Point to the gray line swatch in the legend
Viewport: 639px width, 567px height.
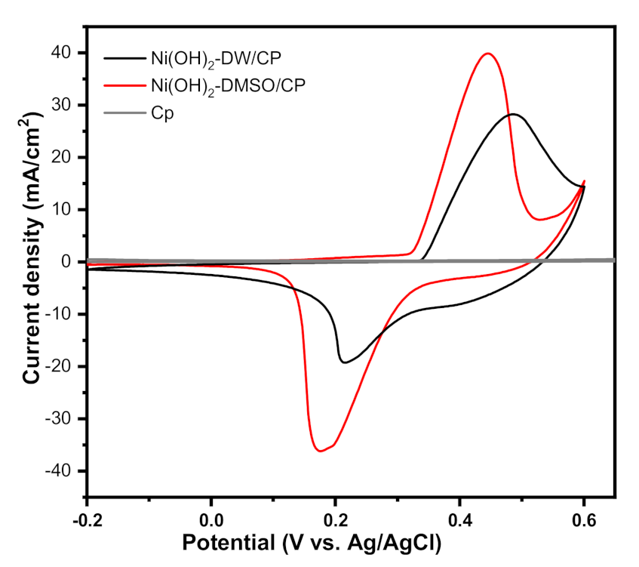pos(120,115)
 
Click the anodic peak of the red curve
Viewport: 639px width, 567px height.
pos(488,54)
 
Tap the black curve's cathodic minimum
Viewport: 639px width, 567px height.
pos(345,362)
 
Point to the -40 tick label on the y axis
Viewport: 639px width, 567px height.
pos(61,471)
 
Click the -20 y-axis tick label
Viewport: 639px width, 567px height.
pos(61,367)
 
